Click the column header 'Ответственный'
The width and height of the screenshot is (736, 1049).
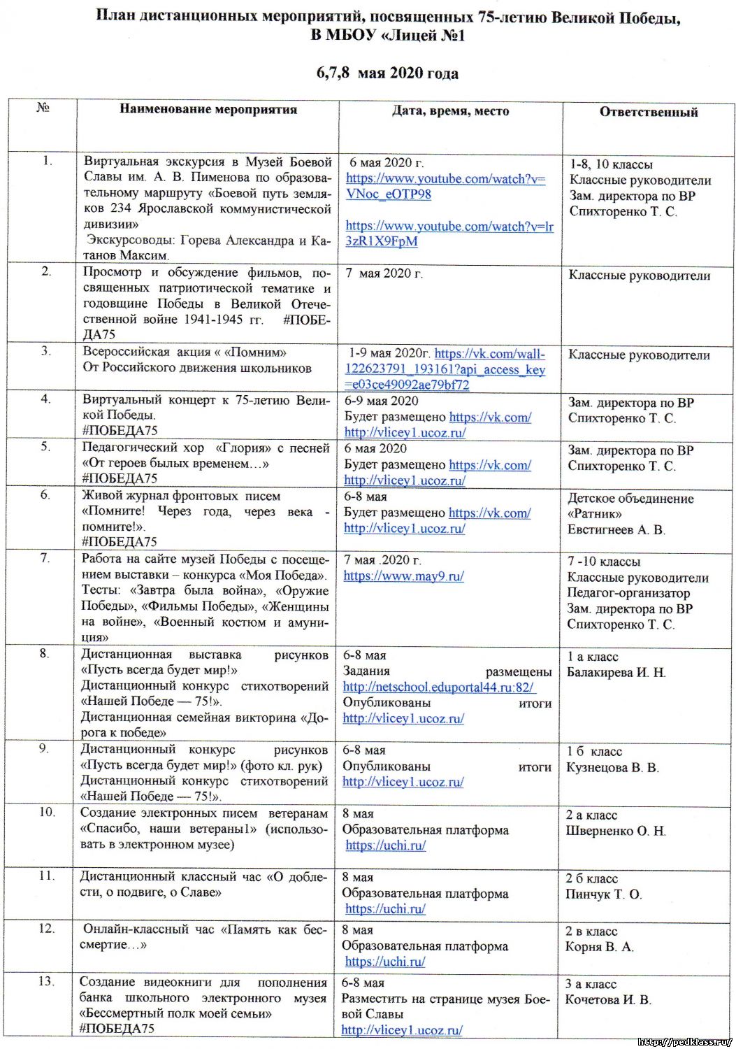coord(648,112)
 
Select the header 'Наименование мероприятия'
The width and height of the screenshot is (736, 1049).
coord(208,109)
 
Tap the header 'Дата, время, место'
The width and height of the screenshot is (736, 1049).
coord(450,110)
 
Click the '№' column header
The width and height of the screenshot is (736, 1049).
coord(43,108)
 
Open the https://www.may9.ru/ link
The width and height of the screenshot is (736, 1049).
coord(403,576)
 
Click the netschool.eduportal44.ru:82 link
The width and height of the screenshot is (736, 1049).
coord(438,687)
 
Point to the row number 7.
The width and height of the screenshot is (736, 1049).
coord(45,558)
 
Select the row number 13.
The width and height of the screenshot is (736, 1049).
coord(45,982)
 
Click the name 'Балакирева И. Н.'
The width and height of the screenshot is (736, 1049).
coord(616,673)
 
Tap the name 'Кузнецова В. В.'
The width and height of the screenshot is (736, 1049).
coord(612,768)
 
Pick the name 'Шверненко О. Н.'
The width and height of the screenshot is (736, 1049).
coord(616,832)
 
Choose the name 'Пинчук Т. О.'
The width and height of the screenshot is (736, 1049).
coord(603,894)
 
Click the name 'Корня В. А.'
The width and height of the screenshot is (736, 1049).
coord(599,947)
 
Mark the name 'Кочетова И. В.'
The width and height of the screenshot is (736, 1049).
coord(607,1000)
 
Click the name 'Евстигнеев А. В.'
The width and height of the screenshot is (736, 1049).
coord(616,530)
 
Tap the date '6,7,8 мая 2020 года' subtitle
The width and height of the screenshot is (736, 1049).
coord(387,73)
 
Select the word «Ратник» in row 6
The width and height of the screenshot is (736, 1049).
coord(594,514)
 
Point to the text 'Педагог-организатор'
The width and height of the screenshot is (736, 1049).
coord(628,593)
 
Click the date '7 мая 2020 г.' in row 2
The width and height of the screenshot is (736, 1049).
coord(384,273)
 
